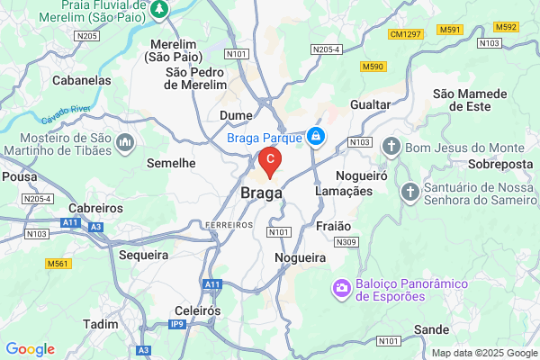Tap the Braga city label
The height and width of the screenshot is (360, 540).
(262, 193)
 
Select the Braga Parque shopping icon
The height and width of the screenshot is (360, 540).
(315, 136)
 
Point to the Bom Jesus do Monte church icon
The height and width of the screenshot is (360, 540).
(391, 146)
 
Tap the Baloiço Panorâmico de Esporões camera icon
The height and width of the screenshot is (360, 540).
(342, 290)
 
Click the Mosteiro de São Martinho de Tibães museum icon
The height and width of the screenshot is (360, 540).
(123, 142)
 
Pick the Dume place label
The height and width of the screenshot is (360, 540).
(237, 115)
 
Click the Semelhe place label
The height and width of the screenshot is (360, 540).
(171, 163)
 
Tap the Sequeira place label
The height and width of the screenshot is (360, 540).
(144, 255)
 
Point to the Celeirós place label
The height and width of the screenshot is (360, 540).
(197, 310)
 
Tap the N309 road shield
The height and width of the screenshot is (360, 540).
(345, 242)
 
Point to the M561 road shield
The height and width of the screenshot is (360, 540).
(59, 263)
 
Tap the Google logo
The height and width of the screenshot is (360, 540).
(30, 349)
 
